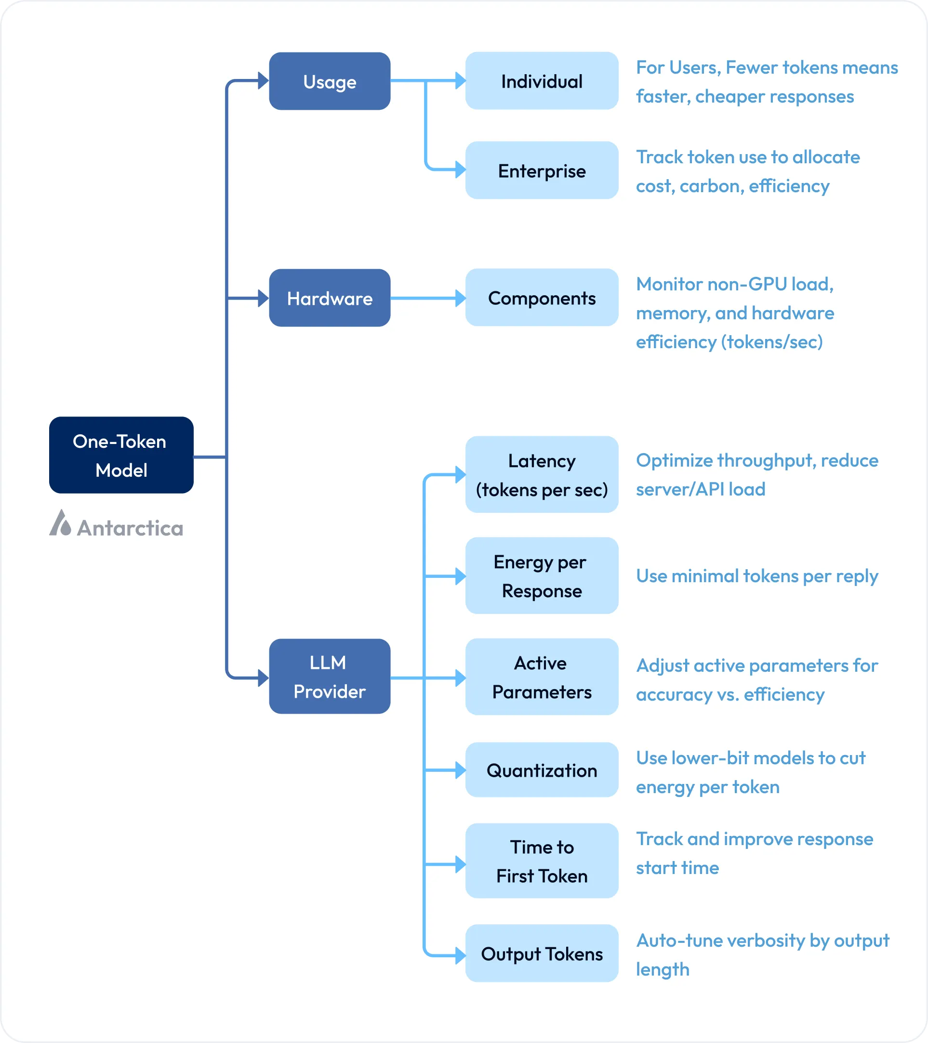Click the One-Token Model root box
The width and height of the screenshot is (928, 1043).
pyautogui.click(x=121, y=455)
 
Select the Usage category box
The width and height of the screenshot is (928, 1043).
pyautogui.click(x=330, y=81)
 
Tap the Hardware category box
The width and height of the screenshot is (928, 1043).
pyautogui.click(x=330, y=298)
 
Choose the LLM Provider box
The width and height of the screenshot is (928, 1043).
pyautogui.click(x=330, y=677)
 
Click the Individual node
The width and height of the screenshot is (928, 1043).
pyautogui.click(x=542, y=81)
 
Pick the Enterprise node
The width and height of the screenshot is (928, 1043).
pyautogui.click(x=542, y=170)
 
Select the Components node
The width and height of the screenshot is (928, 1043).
pyautogui.click(x=542, y=298)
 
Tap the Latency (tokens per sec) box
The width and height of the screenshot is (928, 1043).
pyautogui.click(x=542, y=475)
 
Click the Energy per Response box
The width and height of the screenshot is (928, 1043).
pyautogui.click(x=542, y=575)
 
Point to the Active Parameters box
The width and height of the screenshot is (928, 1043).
pyautogui.click(x=542, y=677)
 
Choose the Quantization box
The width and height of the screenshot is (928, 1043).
pyautogui.click(x=542, y=770)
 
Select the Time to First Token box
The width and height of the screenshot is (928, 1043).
pyautogui.click(x=542, y=861)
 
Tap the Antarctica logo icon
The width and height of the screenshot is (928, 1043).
pyautogui.click(x=60, y=523)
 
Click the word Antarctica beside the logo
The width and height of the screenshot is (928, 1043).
pyautogui.click(x=130, y=528)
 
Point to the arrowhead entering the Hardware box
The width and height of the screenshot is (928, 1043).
pyautogui.click(x=264, y=298)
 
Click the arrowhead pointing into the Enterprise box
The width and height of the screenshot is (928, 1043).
pyautogui.click(x=460, y=169)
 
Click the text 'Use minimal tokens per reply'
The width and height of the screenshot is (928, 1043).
pyautogui.click(x=756, y=576)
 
